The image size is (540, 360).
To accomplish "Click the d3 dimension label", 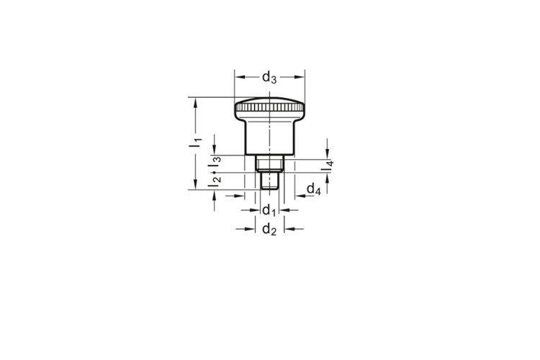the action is point(269,78).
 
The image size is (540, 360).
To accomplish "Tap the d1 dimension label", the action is point(269,210).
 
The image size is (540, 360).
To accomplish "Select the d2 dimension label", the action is point(269,229).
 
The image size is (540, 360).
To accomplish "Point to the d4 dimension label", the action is point(314,189).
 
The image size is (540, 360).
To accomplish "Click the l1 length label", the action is point(196,143).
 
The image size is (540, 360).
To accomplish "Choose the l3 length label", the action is point(215,163).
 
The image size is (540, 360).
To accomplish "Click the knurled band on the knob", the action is point(270,107).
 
